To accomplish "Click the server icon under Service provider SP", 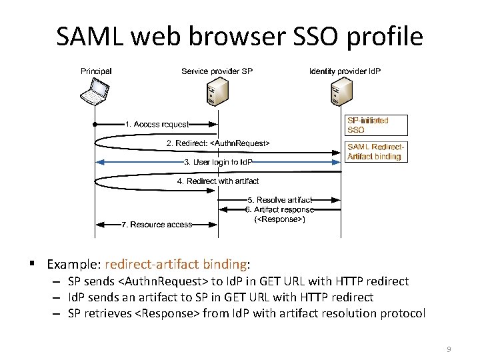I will [217, 91].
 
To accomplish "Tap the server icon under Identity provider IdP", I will [341, 91].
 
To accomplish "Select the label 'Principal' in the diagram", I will [96, 71].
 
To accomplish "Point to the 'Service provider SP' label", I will [217, 71].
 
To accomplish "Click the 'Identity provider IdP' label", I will [345, 71].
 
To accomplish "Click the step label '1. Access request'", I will [157, 124].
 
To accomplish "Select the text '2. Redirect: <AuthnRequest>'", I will [217, 143].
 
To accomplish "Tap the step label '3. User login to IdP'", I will [218, 162].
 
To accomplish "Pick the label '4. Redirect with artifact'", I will [218, 181].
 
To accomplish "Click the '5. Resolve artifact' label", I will [279, 199].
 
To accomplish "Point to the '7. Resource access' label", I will [157, 225].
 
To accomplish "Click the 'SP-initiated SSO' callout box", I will [368, 125].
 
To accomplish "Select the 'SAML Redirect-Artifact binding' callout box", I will [375, 151].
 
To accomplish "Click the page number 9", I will [449, 349].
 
